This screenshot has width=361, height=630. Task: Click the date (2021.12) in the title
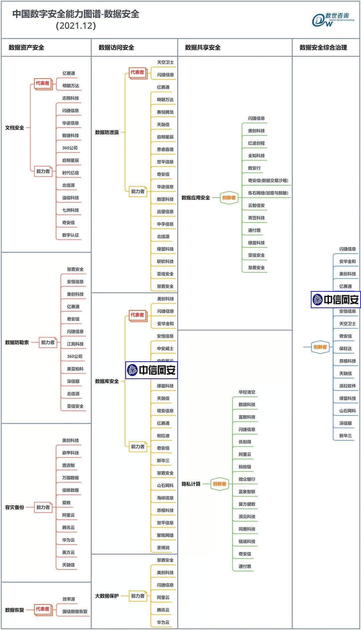click(76, 26)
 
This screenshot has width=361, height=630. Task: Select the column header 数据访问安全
click(116, 48)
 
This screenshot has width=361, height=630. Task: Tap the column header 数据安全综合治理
click(323, 48)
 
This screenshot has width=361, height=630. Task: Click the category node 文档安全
click(15, 128)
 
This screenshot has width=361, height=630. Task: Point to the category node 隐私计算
click(191, 484)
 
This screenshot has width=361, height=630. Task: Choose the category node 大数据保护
click(107, 596)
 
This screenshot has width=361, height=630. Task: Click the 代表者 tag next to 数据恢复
click(43, 609)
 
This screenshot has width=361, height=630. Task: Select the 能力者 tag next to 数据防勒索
click(48, 342)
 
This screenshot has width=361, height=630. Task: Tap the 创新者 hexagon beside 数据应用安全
click(229, 198)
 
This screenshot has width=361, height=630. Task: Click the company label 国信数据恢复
click(75, 612)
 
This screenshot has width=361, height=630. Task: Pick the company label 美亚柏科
click(75, 369)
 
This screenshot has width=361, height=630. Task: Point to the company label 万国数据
click(71, 478)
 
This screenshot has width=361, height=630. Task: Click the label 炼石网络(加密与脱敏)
click(268, 193)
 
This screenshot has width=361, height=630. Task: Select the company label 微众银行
click(247, 479)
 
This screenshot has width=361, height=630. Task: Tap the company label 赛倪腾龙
click(165, 112)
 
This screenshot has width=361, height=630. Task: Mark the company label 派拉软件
click(348, 386)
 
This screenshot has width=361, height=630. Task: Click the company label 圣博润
click(163, 548)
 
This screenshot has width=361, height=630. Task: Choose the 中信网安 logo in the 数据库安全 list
click(151, 370)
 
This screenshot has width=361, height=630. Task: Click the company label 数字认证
click(71, 235)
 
